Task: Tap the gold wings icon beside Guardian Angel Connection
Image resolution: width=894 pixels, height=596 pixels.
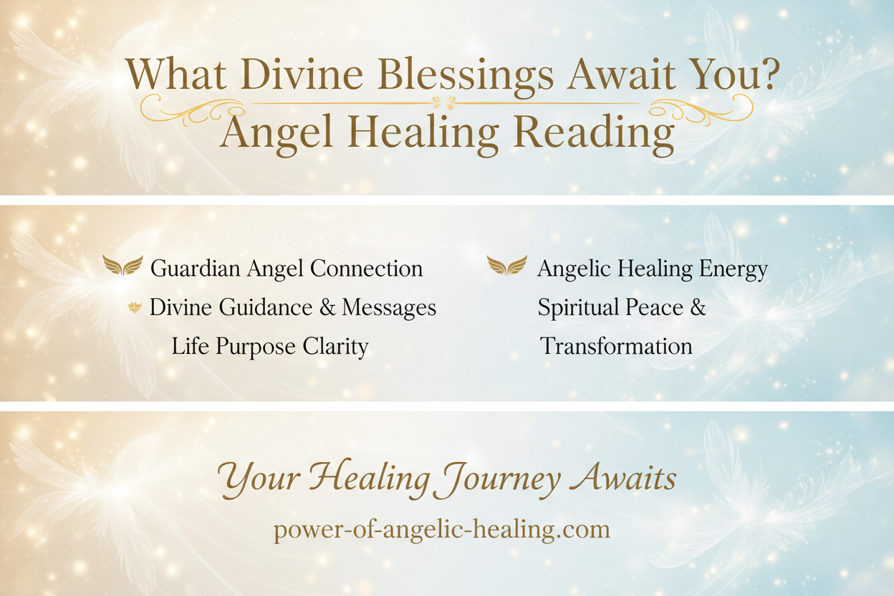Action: click(122, 266)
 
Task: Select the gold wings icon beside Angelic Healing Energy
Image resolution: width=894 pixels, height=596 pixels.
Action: click(506, 266)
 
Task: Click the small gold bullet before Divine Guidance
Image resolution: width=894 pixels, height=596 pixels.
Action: click(133, 308)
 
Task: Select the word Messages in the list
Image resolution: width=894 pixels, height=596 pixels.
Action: click(389, 308)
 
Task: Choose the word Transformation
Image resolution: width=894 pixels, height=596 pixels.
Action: click(616, 347)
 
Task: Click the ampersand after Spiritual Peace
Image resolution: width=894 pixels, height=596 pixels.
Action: click(697, 308)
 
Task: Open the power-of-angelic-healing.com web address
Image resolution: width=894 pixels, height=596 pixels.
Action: click(442, 530)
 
